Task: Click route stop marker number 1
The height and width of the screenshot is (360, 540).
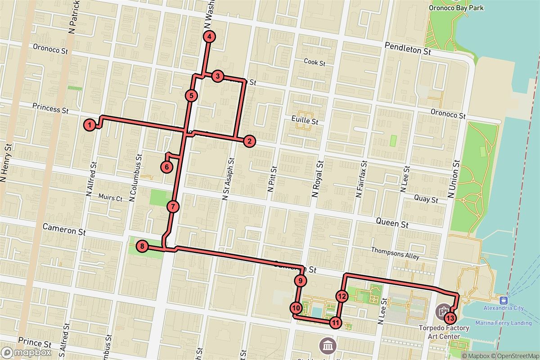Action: click(90, 125)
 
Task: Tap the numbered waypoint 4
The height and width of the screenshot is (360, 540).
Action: click(209, 37)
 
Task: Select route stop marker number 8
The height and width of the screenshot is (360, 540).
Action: click(142, 246)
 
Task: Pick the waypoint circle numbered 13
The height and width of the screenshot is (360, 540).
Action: click(450, 318)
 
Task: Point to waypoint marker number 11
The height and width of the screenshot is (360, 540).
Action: click(335, 322)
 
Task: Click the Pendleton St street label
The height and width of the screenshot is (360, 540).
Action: click(408, 49)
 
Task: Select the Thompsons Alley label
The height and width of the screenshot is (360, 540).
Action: click(395, 253)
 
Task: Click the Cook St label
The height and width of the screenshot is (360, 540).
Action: click(314, 62)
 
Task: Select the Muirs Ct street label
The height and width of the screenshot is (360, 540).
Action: click(110, 198)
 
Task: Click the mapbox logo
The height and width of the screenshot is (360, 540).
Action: click(26, 352)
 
